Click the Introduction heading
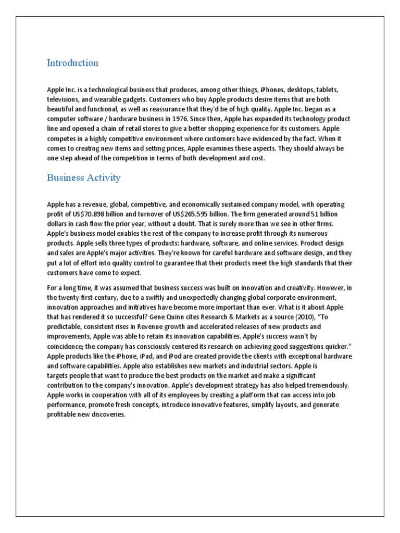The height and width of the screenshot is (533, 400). point(72,63)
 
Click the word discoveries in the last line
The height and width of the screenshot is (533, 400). point(108,415)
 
